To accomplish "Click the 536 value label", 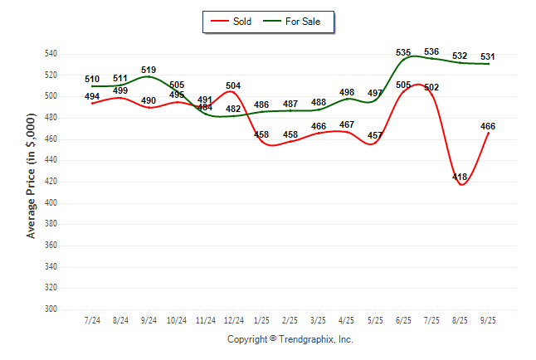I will point(431,52).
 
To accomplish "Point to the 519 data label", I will point(149,70).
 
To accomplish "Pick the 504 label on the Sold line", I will point(233,85).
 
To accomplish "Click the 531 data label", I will point(488,56).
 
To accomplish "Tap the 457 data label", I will point(375,135).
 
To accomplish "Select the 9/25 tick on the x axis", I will point(488,319).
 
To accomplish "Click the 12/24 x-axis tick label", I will point(234,319).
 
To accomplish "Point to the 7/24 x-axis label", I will point(93,319).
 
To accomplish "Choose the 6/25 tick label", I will point(403,319).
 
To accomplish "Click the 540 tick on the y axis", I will point(51,54).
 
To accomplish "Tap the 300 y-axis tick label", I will point(51,309).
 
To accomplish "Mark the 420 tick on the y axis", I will point(51,182).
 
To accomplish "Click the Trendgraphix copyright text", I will point(290,339).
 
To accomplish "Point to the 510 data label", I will point(92,80).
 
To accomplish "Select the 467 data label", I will point(347,124).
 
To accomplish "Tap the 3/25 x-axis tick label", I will point(319,319).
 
